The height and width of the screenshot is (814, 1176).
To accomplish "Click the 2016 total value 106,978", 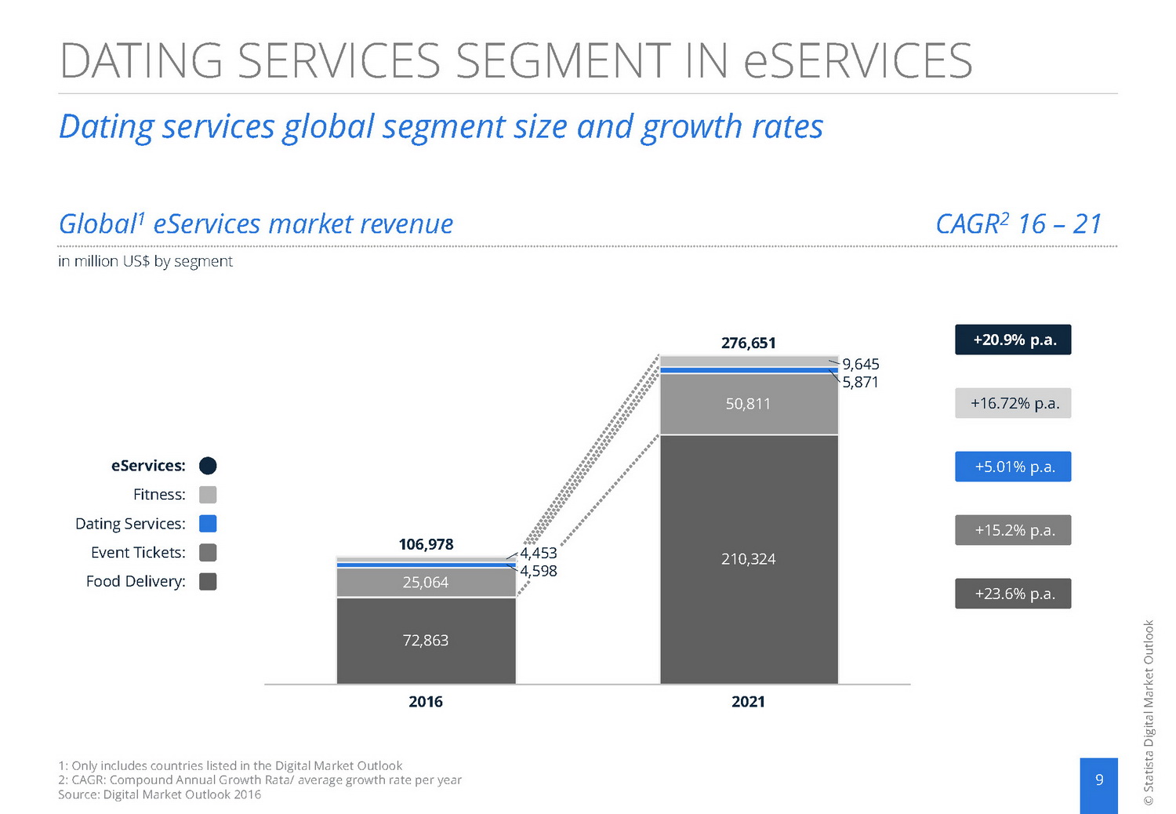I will (x=426, y=544).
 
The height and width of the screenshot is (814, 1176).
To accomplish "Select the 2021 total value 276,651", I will (x=748, y=343).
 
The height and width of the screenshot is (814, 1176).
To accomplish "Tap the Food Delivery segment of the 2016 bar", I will (x=426, y=641).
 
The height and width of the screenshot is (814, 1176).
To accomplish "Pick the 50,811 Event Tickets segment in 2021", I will (x=748, y=404).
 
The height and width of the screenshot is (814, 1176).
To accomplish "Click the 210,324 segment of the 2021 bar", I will (x=748, y=559).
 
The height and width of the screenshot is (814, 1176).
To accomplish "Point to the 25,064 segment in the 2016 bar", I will (x=426, y=583).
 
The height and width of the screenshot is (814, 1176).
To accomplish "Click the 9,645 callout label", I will (x=861, y=364).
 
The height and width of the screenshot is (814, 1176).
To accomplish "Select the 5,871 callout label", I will (x=860, y=382).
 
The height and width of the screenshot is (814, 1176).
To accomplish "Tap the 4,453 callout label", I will (x=539, y=553).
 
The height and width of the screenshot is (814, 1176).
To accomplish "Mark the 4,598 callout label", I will (x=539, y=571).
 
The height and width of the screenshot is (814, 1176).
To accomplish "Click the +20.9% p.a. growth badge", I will (x=1013, y=340).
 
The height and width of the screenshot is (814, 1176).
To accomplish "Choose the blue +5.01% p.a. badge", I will (x=1013, y=467).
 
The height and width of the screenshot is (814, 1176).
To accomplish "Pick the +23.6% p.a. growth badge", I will (x=1013, y=594).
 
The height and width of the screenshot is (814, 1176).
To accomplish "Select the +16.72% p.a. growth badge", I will (x=1013, y=403).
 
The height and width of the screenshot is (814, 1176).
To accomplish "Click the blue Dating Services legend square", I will (x=208, y=524).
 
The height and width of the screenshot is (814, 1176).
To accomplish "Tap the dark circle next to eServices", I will (x=208, y=466).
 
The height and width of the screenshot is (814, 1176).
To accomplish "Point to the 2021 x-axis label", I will (x=748, y=702).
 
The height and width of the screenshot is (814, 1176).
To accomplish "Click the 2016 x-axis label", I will (x=426, y=702).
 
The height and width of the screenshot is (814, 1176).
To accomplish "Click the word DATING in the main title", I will (x=141, y=61).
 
